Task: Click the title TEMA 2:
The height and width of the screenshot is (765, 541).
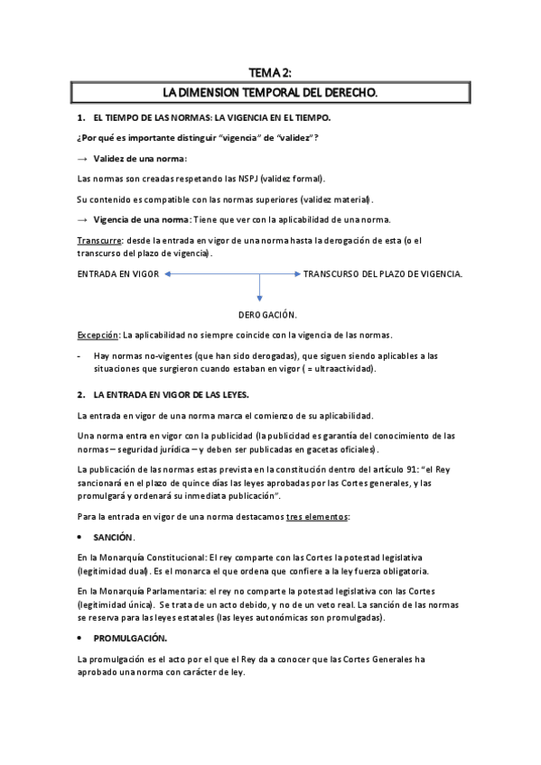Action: tap(270, 73)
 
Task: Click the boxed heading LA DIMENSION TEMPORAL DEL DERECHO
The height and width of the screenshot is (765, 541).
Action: tap(270, 93)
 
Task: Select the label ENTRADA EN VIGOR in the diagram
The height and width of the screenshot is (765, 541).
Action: tap(119, 273)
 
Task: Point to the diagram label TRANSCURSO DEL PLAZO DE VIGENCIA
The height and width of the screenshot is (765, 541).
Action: tap(383, 273)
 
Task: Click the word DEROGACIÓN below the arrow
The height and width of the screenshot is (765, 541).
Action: tap(268, 314)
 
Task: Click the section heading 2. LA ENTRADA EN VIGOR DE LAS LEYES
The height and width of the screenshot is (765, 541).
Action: tap(164, 394)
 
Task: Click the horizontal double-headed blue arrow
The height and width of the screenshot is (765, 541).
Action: tap(230, 273)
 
